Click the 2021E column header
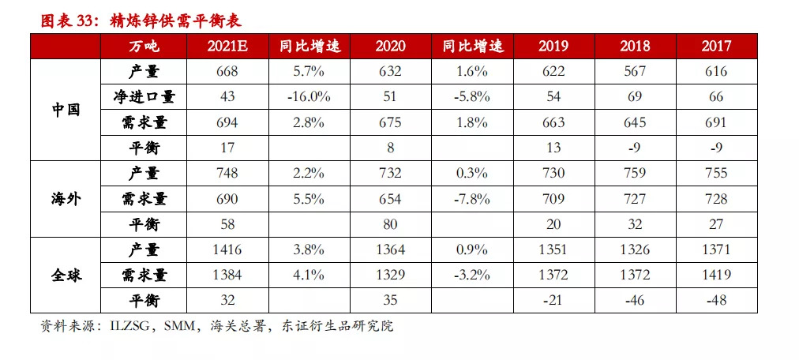pyautogui.click(x=228, y=46)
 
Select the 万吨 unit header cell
pyautogui.click(x=144, y=46)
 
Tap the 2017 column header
pyautogui.click(x=716, y=46)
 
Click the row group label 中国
pyautogui.click(x=66, y=109)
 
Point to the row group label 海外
pyautogui.click(x=66, y=198)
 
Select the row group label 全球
pyautogui.click(x=66, y=275)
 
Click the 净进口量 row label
pyautogui.click(x=144, y=96)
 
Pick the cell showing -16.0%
pyautogui.click(x=309, y=96)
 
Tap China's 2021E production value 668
pyautogui.click(x=228, y=71)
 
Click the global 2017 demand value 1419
pyautogui.click(x=716, y=275)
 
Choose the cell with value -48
pyautogui.click(x=716, y=300)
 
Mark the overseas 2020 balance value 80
pyautogui.click(x=390, y=224)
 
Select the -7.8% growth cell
pyautogui.click(x=472, y=198)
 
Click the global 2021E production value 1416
pyautogui.click(x=228, y=249)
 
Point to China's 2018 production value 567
pyautogui.click(x=635, y=71)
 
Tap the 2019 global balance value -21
pyautogui.click(x=553, y=300)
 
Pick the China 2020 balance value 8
pyautogui.click(x=390, y=148)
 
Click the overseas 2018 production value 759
pyautogui.click(x=635, y=173)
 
